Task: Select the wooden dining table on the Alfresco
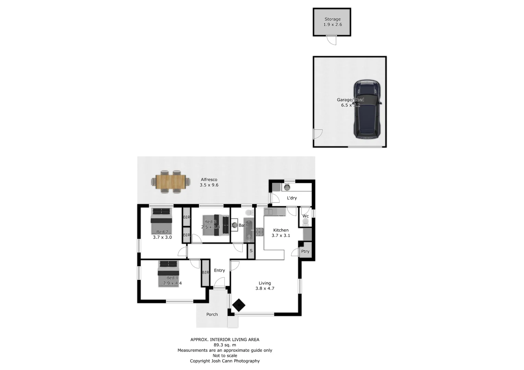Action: pyautogui.click(x=170, y=182)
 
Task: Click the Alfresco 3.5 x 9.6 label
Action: pyautogui.click(x=209, y=182)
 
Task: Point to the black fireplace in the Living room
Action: pyautogui.click(x=239, y=305)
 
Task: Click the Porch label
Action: pyautogui.click(x=212, y=314)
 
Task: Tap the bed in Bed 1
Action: pyautogui.click(x=168, y=274)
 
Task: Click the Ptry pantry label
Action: pyautogui.click(x=305, y=251)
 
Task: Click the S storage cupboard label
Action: pyautogui.click(x=251, y=251)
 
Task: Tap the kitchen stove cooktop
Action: pyautogui.click(x=259, y=232)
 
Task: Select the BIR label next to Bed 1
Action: pyautogui.click(x=205, y=273)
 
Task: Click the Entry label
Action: pyautogui.click(x=219, y=270)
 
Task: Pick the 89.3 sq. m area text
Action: pyautogui.click(x=225, y=345)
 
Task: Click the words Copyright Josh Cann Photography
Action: pyautogui.click(x=225, y=361)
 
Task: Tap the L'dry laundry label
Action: pyautogui.click(x=292, y=198)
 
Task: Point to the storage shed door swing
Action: pyautogui.click(x=332, y=40)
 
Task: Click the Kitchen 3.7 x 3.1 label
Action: pyautogui.click(x=281, y=233)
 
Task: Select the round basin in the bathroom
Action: pyautogui.click(x=235, y=225)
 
